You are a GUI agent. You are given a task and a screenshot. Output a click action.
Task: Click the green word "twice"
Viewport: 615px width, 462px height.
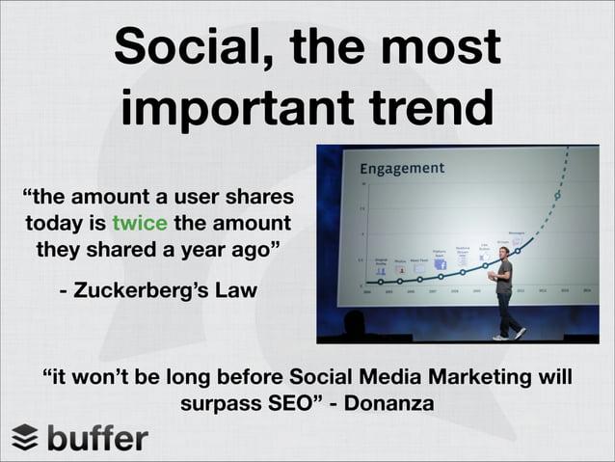(x=141, y=224)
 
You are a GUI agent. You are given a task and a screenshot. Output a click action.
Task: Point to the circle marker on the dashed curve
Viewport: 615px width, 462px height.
(x=556, y=196)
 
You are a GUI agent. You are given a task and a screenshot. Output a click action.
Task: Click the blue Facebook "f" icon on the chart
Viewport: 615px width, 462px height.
(x=418, y=271)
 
